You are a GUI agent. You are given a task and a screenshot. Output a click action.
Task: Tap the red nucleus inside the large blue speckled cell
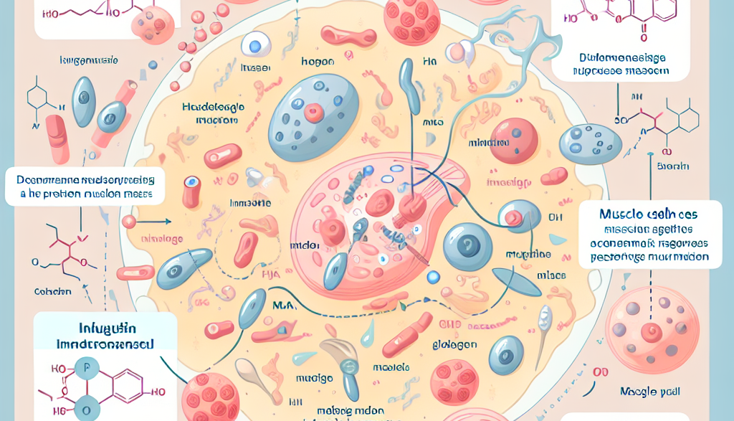(313, 112)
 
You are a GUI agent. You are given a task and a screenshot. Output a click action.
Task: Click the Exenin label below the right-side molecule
(672, 166)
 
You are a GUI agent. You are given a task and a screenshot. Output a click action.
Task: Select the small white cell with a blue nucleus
(254, 47)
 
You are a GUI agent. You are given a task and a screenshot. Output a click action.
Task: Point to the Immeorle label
(251, 204)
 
